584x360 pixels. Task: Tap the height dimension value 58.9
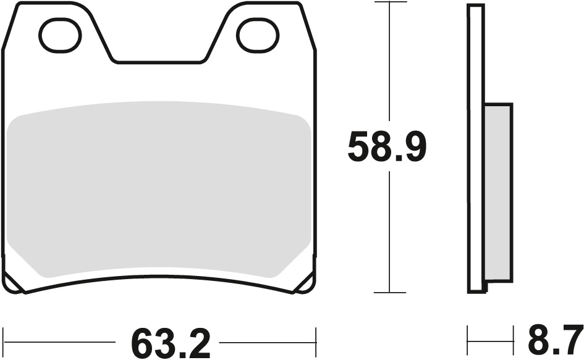pos(387,148)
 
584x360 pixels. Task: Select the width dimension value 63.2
pos(171,343)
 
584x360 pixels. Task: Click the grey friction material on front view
pos(159,188)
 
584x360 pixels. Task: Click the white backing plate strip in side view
pos(476,148)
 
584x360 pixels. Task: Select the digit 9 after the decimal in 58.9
pos(412,148)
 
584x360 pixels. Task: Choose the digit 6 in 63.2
pos(143,343)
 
